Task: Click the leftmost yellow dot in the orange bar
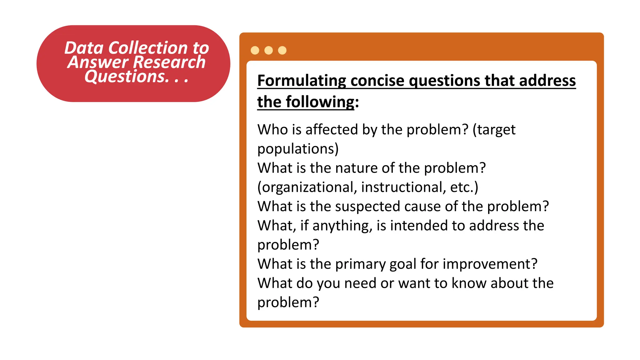pyautogui.click(x=255, y=50)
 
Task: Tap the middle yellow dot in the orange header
pyautogui.click(x=268, y=50)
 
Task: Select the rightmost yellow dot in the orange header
pyautogui.click(x=282, y=50)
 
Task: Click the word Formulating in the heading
pyautogui.click(x=302, y=81)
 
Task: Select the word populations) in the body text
pyautogui.click(x=298, y=149)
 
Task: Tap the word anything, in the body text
pyautogui.click(x=342, y=226)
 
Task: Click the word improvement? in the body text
pyautogui.click(x=490, y=264)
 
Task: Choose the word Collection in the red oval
pyautogui.click(x=148, y=48)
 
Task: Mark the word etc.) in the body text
pyautogui.click(x=464, y=187)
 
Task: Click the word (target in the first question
pyautogui.click(x=494, y=129)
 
